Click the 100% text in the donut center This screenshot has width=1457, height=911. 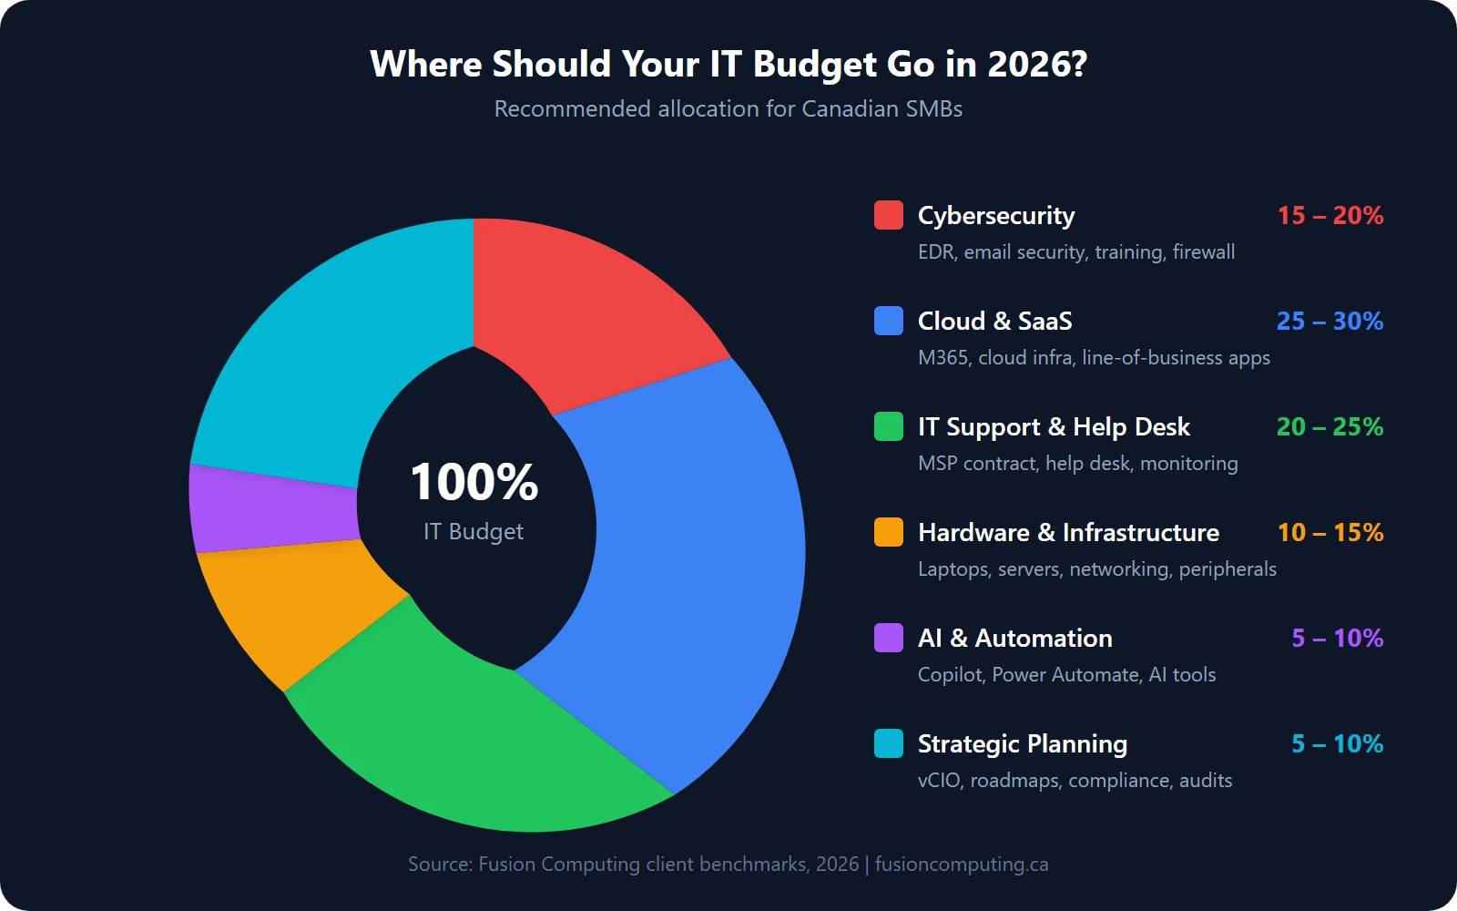click(x=474, y=482)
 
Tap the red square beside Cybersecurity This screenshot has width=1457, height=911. click(x=888, y=216)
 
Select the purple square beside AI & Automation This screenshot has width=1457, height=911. click(x=888, y=638)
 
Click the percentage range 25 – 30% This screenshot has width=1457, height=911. click(x=1329, y=322)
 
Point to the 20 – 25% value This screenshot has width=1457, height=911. click(x=1329, y=427)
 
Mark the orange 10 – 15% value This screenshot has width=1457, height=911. click(x=1330, y=533)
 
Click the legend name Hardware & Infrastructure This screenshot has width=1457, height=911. click(x=1067, y=533)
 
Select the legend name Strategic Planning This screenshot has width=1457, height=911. click(x=1022, y=744)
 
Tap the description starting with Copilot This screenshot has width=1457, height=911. click(x=1066, y=675)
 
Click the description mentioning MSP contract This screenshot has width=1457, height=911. click(x=1077, y=464)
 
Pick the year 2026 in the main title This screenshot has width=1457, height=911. click(x=1036, y=65)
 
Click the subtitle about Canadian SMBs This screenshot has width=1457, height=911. click(x=728, y=109)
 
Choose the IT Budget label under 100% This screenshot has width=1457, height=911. click(x=474, y=531)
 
